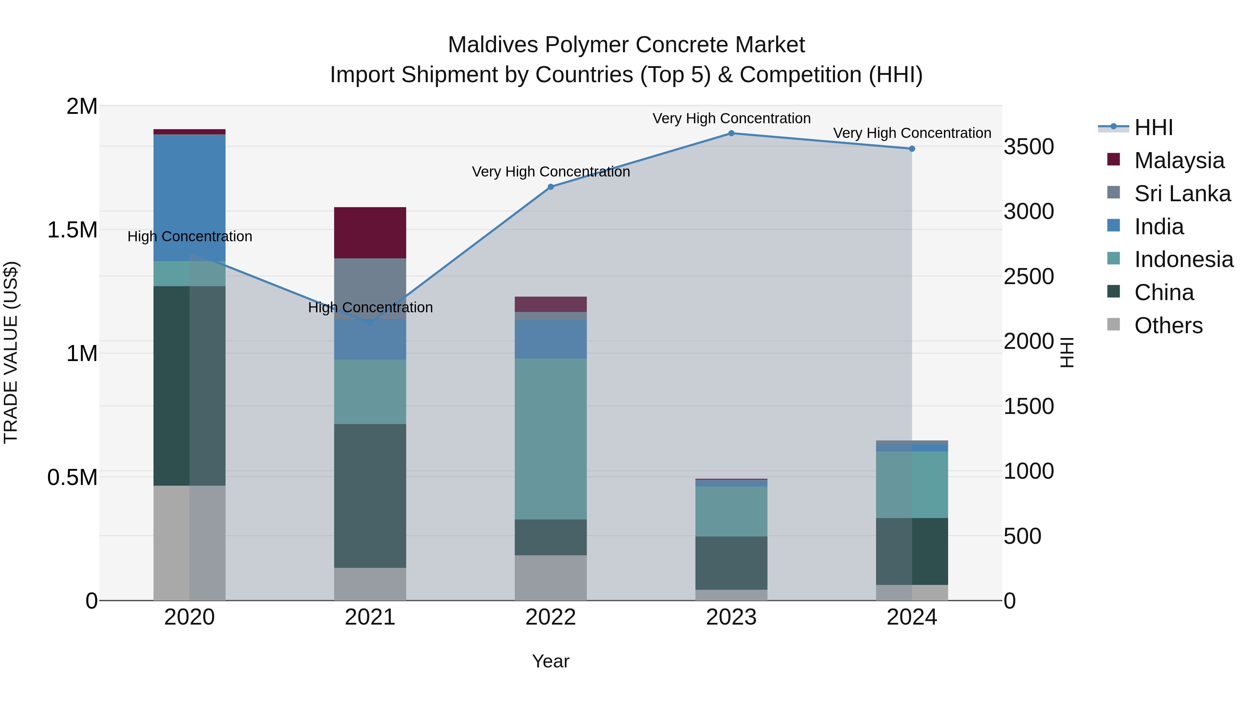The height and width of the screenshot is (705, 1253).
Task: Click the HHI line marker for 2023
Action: click(731, 133)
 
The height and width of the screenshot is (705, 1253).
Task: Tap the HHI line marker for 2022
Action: click(551, 187)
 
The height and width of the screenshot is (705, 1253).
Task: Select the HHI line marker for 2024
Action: click(912, 149)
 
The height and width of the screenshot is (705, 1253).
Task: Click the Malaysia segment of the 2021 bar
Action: click(370, 233)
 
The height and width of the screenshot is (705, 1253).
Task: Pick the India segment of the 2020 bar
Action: click(190, 197)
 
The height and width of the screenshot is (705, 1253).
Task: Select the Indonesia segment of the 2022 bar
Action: click(551, 439)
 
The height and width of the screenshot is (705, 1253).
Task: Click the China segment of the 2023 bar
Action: click(731, 563)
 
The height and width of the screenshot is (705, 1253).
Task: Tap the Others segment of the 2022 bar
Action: click(551, 578)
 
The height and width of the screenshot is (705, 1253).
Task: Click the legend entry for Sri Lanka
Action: click(1182, 194)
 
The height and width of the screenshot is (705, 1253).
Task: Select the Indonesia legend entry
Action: click(1183, 259)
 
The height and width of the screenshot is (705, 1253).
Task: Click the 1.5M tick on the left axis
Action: click(72, 230)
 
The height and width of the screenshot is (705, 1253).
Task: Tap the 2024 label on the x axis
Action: click(912, 617)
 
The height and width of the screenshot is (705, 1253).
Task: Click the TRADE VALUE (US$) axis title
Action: click(11, 352)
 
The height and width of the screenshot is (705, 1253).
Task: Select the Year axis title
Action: click(551, 661)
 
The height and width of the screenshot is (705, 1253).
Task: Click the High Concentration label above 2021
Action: click(370, 307)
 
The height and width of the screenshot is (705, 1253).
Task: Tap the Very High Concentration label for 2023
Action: click(731, 118)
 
